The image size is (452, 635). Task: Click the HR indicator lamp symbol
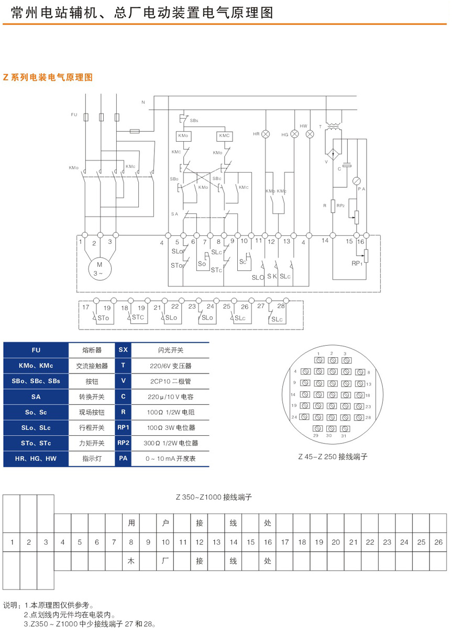[266, 134]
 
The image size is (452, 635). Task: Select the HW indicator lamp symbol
[310, 134]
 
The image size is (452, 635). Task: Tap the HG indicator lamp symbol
[294, 134]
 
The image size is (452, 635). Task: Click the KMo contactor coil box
[183, 136]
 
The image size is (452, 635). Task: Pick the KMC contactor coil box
[225, 136]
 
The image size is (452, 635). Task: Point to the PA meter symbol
[357, 180]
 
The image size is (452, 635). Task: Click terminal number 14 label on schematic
[325, 241]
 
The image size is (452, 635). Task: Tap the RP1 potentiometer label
[358, 264]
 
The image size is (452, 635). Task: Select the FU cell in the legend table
[36, 350]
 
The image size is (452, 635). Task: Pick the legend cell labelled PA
[123, 459]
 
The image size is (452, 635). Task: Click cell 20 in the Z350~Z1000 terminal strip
[336, 542]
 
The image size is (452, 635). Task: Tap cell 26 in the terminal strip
[438, 542]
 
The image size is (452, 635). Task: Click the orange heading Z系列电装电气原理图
[48, 77]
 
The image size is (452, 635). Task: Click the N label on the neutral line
[143, 102]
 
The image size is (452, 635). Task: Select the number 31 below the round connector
[344, 435]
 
